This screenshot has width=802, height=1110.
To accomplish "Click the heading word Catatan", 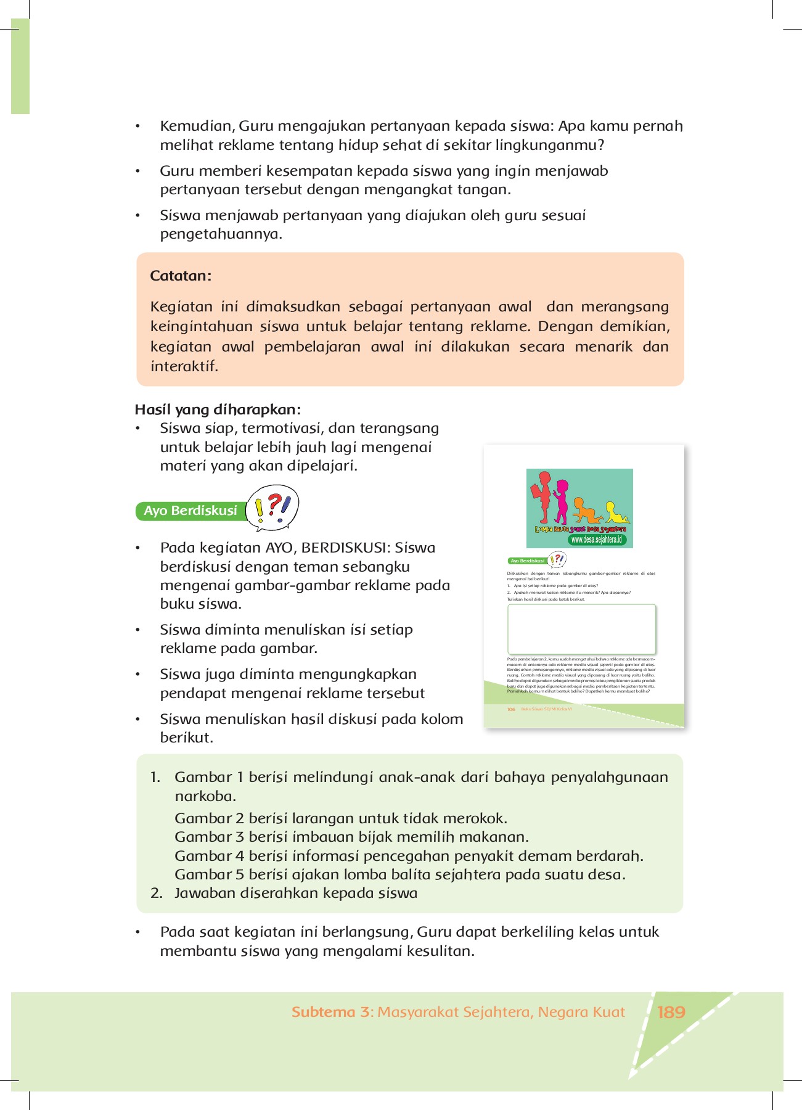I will tap(180, 276).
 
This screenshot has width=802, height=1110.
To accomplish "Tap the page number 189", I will tap(671, 1012).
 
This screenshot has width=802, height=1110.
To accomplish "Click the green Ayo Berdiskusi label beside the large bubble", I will tap(190, 511).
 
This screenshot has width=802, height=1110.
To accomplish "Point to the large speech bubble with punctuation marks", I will tap(272, 508).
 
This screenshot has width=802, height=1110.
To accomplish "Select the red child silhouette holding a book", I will tap(542, 496).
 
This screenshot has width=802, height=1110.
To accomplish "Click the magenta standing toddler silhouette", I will tap(561, 501).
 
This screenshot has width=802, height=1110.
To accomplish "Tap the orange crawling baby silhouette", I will tap(586, 511).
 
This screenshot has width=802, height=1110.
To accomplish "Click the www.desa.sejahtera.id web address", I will tap(596, 540).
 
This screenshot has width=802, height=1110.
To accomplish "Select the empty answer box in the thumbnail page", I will tap(581, 629).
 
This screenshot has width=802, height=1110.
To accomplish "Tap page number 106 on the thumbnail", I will tap(511, 710).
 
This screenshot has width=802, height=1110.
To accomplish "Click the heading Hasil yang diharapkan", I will tap(218, 409).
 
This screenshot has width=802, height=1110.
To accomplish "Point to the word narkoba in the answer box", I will tap(205, 796).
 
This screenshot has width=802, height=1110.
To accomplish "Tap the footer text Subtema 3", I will tap(332, 1012).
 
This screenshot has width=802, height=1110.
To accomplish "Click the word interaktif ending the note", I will tap(184, 366).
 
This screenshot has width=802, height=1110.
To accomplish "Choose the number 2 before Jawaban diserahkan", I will tap(156, 893).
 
